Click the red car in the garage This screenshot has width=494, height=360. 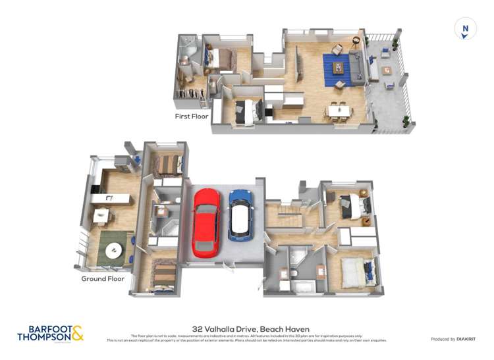[x=206, y=222]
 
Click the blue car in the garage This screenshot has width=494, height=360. [x=239, y=215]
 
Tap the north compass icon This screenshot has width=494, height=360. [x=466, y=29]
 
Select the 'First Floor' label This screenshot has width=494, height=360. [x=191, y=116]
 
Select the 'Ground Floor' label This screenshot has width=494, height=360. [x=103, y=278]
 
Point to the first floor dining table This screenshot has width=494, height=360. [x=339, y=109]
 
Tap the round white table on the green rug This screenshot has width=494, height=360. [x=113, y=249]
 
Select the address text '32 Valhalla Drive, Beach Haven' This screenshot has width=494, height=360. [x=250, y=328]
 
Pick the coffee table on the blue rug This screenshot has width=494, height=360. [x=339, y=66]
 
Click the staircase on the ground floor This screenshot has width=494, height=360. [x=284, y=211]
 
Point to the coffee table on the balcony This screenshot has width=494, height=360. [x=385, y=70]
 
